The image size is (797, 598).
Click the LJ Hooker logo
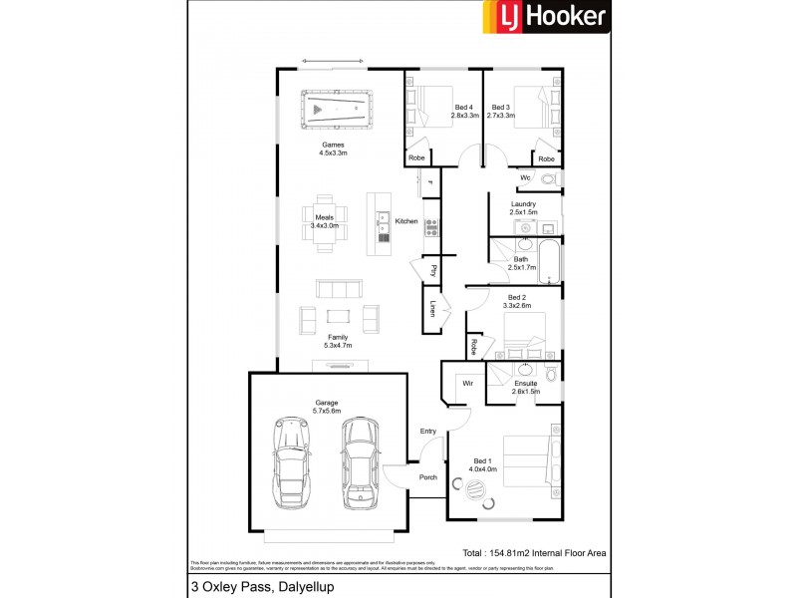pyautogui.click(x=546, y=18)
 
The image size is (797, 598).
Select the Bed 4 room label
pyautogui.click(x=463, y=112)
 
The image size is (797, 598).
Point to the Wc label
pyautogui.click(x=524, y=178)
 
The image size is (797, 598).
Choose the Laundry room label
pyautogui.click(x=523, y=208)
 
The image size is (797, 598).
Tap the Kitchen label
pyautogui.click(x=405, y=221)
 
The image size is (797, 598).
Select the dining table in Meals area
pyautogui.click(x=326, y=220)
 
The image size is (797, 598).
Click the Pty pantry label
pyautogui.click(x=433, y=269)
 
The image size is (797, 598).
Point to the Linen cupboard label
pyautogui.click(x=433, y=308)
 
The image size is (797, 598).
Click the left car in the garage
pyautogui.click(x=291, y=461)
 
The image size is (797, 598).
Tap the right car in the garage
pyautogui.click(x=359, y=461)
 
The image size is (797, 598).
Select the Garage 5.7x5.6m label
pyautogui.click(x=328, y=408)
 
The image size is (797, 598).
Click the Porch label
pyautogui.click(x=427, y=477)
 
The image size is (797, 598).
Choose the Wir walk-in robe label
pyautogui.click(x=465, y=383)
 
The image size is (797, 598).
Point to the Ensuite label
pyautogui.click(x=526, y=387)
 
